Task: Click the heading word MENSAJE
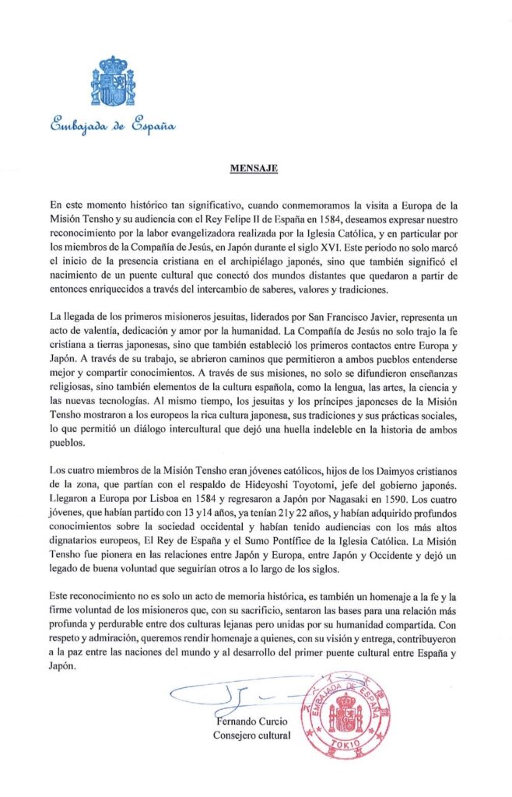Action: [256, 167]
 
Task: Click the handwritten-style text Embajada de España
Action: [113, 124]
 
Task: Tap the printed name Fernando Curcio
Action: [250, 720]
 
